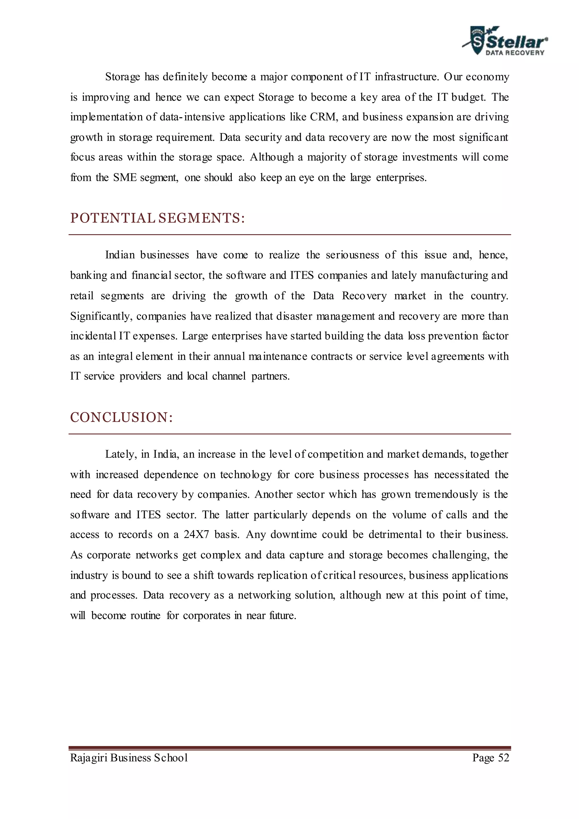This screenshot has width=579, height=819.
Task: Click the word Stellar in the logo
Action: point(516,42)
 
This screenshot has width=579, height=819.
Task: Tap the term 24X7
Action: point(196,534)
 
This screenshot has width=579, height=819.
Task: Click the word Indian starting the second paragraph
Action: point(120,255)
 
